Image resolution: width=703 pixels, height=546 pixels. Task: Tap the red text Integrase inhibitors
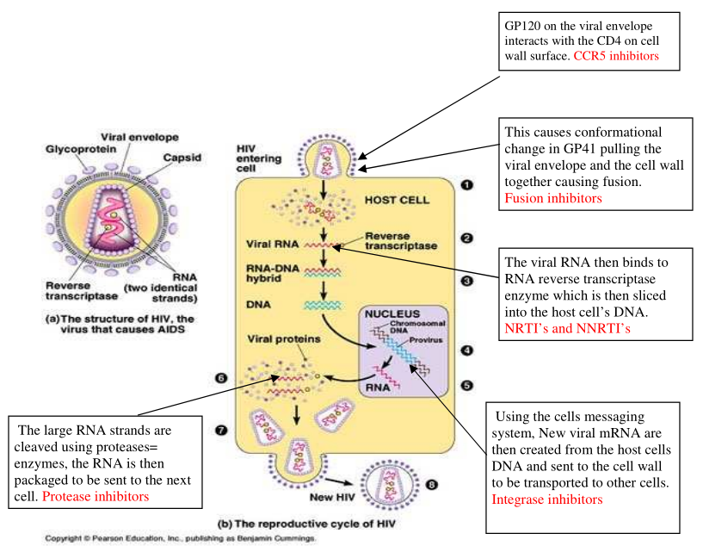(x=547, y=499)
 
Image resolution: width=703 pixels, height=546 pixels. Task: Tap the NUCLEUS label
(x=392, y=315)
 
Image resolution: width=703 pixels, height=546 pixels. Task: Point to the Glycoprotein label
(x=76, y=149)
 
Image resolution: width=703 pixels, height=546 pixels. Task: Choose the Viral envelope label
(x=139, y=137)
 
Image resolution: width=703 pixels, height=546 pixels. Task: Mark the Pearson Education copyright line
(x=181, y=537)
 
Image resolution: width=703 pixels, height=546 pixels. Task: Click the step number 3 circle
(x=466, y=281)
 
